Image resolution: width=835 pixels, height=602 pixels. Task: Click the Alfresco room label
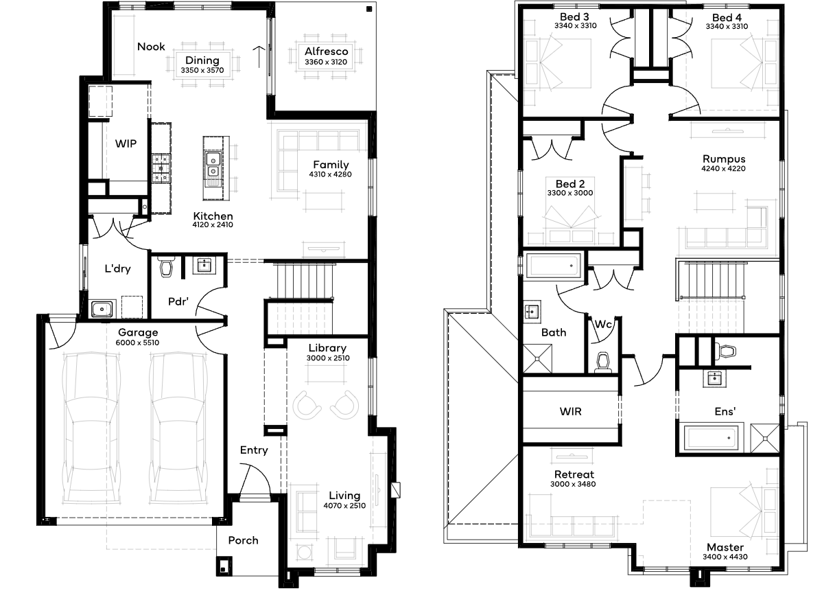[x=326, y=51]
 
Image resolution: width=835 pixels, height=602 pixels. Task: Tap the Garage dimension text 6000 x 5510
[x=137, y=343]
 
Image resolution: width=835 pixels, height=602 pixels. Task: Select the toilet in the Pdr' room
[x=165, y=266]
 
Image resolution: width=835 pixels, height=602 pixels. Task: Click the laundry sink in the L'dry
[x=102, y=309]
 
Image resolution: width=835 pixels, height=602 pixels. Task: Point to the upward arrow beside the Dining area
[x=259, y=57]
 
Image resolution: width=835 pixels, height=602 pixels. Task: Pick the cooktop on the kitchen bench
[x=161, y=169]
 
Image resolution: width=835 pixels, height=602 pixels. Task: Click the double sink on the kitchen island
[x=213, y=166]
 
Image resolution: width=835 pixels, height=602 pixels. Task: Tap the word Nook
[x=151, y=47]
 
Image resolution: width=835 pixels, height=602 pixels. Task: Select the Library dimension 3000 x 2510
[x=328, y=358]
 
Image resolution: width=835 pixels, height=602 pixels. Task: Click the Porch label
[x=243, y=540]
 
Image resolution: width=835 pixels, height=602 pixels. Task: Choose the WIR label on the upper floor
[x=570, y=411]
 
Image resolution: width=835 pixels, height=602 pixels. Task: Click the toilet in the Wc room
[x=603, y=363]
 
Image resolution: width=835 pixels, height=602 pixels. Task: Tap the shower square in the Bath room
[x=537, y=358]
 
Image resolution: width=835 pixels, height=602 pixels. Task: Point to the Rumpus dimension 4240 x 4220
[x=723, y=169]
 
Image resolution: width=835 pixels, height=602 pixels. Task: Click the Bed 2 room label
[x=570, y=184]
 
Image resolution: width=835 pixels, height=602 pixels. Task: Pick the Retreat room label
[x=574, y=474]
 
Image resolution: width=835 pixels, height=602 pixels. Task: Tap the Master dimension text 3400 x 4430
[x=725, y=557]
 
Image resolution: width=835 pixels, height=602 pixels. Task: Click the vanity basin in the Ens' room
[x=715, y=379]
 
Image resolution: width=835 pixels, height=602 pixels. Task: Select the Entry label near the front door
[x=254, y=450]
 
